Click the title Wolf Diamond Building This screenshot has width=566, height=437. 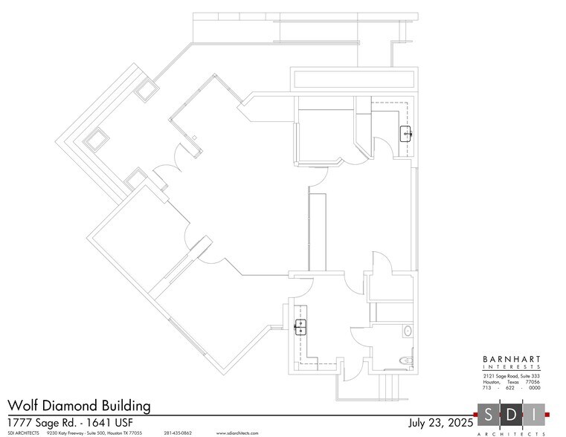pyautogui.click(x=79, y=406)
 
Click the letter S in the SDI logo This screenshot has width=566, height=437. pyautogui.click(x=489, y=414)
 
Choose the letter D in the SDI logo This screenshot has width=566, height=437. pyautogui.click(x=512, y=414)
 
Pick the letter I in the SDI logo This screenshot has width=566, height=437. pyautogui.click(x=534, y=414)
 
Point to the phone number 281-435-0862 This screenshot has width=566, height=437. pyautogui.click(x=177, y=433)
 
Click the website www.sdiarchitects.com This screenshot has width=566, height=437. pyautogui.click(x=238, y=433)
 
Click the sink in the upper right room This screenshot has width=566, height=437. pyautogui.click(x=406, y=133)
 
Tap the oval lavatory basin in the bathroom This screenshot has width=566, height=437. pyautogui.click(x=408, y=330)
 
